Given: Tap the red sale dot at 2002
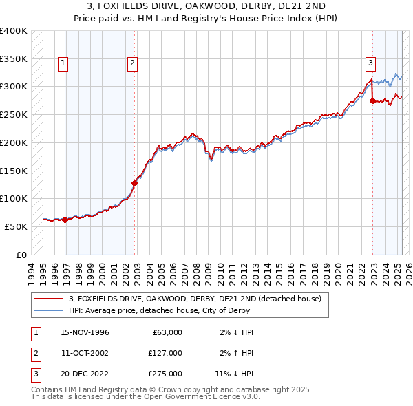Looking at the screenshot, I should [135, 183].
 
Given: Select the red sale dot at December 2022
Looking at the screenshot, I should [373, 100].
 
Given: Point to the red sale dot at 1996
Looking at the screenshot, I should [65, 220].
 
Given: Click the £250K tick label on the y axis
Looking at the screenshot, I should [13, 114].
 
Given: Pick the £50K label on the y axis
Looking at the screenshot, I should [16, 226].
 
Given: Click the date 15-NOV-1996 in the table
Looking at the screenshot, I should [85, 332].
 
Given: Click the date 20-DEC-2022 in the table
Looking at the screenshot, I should [85, 374].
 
